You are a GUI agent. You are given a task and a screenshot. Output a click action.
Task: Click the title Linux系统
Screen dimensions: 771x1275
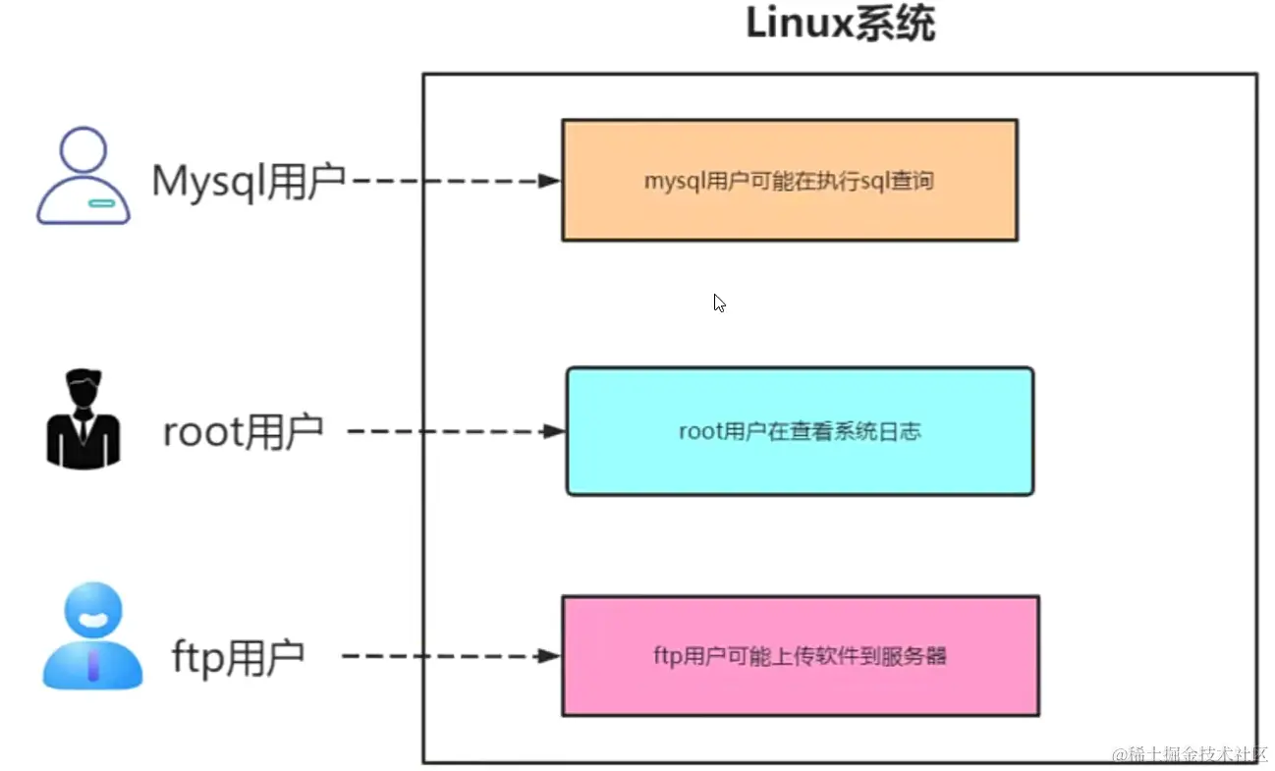pyautogui.click(x=840, y=25)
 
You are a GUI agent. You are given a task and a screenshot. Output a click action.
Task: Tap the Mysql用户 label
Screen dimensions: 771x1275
pyautogui.click(x=249, y=181)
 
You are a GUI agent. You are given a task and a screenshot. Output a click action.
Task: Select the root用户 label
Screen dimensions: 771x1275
pyautogui.click(x=243, y=431)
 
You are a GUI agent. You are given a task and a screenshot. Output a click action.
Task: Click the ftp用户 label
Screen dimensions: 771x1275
pyautogui.click(x=238, y=656)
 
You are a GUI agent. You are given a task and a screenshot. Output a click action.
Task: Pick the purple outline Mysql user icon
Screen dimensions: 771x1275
pyautogui.click(x=83, y=176)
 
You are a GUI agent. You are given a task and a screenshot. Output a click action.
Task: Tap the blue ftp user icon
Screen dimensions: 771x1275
pyautogui.click(x=92, y=635)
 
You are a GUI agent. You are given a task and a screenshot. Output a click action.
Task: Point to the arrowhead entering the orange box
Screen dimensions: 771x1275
pyautogui.click(x=550, y=181)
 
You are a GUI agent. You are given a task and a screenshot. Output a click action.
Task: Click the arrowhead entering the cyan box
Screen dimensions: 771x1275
pyautogui.click(x=555, y=431)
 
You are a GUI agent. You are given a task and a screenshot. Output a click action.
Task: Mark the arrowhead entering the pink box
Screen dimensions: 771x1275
pyautogui.click(x=550, y=656)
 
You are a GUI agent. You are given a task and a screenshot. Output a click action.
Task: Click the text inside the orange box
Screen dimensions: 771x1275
pyautogui.click(x=789, y=181)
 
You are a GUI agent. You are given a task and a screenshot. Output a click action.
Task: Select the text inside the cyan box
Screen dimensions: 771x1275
pyautogui.click(x=800, y=431)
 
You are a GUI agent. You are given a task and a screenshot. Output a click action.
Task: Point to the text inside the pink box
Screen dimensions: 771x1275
pyautogui.click(x=800, y=656)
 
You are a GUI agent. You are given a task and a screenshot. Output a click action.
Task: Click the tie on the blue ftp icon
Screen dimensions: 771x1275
pyautogui.click(x=92, y=664)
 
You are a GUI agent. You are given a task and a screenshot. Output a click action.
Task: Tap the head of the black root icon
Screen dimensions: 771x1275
pyautogui.click(x=83, y=389)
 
